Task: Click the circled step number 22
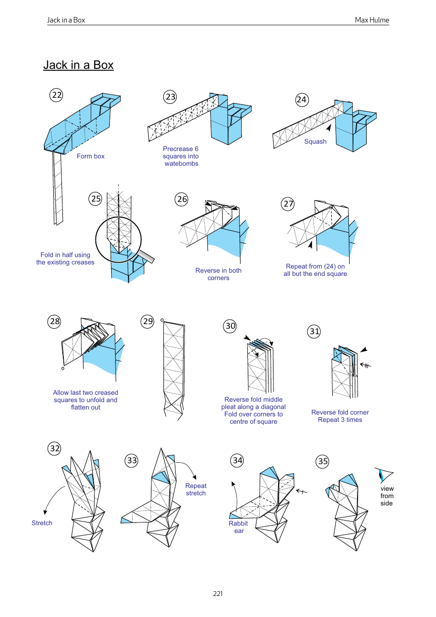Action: tap(56, 95)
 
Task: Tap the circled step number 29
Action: tap(147, 321)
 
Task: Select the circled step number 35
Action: tap(323, 461)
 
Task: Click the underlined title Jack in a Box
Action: tap(78, 65)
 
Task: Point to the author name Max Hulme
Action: tap(372, 20)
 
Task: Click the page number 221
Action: tap(218, 594)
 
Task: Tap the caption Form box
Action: tap(90, 156)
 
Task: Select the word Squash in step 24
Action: tap(315, 141)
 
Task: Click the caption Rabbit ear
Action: tap(239, 527)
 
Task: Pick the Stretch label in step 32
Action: tap(42, 523)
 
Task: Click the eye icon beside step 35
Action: tap(383, 474)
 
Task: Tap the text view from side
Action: tap(387, 496)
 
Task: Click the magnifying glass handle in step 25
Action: tap(147, 255)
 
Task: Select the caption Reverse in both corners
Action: tap(218, 274)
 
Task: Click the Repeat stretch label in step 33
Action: tap(196, 489)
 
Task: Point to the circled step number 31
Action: tap(314, 331)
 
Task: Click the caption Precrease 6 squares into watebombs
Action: tap(181, 156)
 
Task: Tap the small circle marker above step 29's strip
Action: tap(162, 320)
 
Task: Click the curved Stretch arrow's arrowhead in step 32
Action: tap(45, 512)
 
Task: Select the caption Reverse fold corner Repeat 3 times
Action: tap(340, 416)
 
